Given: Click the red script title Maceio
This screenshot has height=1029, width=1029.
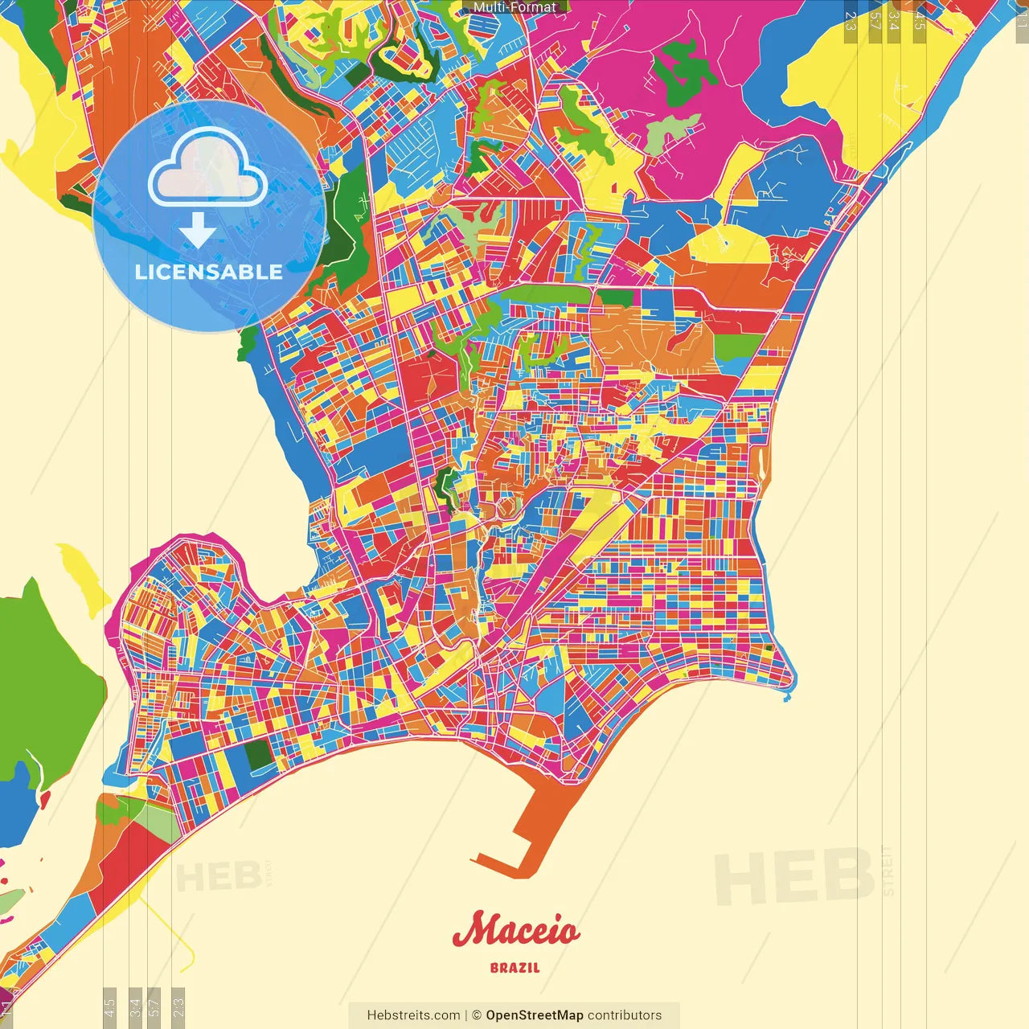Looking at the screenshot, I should [515, 931].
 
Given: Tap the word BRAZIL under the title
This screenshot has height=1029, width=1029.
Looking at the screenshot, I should [514, 968].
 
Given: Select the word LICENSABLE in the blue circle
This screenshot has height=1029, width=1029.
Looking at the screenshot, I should [209, 272].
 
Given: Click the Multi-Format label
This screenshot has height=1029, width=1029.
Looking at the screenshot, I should [514, 7].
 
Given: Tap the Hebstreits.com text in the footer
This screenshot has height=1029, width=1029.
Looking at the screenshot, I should [413, 1015].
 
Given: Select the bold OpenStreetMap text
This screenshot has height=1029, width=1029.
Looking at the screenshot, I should [535, 1015].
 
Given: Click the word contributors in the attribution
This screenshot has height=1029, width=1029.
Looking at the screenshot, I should [625, 1015].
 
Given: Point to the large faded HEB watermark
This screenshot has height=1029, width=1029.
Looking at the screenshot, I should [793, 876].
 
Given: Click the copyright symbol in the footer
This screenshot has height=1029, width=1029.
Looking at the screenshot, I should [477, 1015].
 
